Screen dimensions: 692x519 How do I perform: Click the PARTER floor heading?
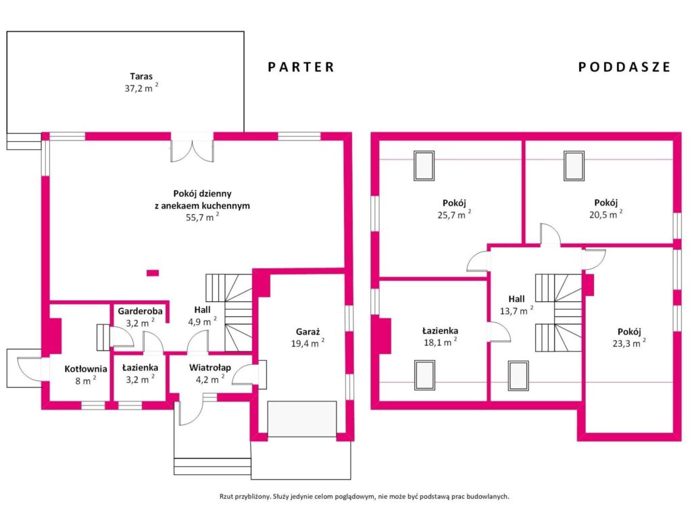pos(301,67)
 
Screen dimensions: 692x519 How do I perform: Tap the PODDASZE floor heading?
pos(624,67)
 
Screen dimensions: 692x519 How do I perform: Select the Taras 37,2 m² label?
pos(141,82)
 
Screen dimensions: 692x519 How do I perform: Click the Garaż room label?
pos(307,332)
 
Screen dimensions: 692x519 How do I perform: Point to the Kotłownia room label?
pos(86,369)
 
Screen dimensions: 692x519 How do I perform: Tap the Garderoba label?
pos(140,311)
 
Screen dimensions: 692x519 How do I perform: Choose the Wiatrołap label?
pos(210,368)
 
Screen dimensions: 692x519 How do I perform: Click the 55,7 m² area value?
pos(202,217)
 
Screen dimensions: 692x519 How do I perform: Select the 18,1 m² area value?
pos(440,342)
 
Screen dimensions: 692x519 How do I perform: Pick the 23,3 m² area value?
pos(629,343)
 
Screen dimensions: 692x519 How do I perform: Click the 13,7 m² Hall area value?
pos(516,311)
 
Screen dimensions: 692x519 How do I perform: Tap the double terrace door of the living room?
pos(193,147)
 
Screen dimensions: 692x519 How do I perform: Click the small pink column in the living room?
pos(153,273)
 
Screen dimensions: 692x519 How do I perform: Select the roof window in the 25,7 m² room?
pos(424,166)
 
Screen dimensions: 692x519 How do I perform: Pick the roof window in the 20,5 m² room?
pos(574,166)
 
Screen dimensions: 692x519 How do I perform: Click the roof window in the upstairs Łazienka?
pos(424,375)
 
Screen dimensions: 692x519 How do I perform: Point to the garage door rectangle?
pos(302,419)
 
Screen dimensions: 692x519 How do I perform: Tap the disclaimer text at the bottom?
pos(364,497)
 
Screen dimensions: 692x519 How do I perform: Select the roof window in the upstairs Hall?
pos(518,376)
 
